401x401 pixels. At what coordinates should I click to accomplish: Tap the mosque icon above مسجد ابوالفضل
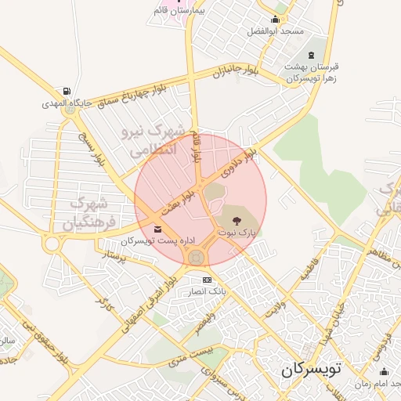(x=275, y=19)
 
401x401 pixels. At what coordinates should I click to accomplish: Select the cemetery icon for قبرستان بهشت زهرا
(x=312, y=55)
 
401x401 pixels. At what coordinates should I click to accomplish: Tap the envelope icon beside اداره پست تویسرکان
(x=159, y=229)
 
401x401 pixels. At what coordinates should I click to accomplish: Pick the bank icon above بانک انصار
(x=207, y=280)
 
